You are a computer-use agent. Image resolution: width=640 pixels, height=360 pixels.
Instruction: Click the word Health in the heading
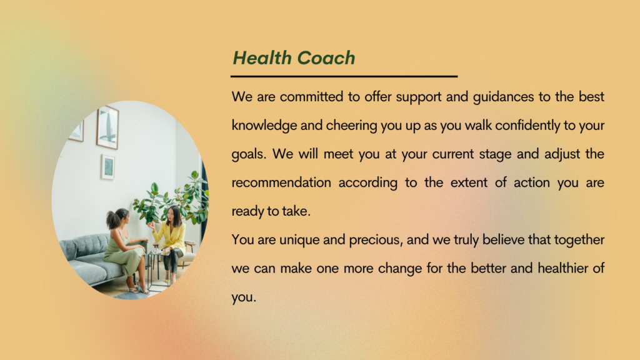262,57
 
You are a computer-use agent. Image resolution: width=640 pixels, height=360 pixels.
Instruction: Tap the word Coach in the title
326,58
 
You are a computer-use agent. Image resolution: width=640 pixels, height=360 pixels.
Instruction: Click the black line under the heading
344,76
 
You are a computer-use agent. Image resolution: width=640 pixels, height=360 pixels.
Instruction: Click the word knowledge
264,125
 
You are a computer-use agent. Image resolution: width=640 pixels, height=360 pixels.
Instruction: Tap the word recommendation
281,182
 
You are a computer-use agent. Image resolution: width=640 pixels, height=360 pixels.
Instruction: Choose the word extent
469,182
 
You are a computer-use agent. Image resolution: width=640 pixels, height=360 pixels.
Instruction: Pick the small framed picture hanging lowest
107,166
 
